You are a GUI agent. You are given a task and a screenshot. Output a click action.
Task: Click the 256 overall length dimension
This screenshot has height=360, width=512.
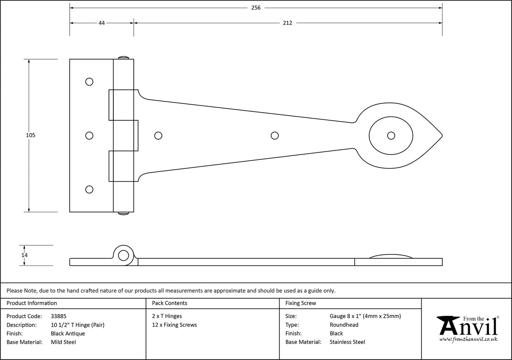256,8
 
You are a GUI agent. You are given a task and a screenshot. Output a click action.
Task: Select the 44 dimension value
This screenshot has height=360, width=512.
102,23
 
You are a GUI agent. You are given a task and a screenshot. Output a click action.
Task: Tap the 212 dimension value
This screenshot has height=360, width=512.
288,23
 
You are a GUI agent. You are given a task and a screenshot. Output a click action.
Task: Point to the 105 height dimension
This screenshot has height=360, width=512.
30,135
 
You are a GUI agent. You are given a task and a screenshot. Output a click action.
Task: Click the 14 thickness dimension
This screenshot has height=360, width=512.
24,255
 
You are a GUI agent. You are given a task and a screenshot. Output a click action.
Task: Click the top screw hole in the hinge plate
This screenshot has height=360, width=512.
89,81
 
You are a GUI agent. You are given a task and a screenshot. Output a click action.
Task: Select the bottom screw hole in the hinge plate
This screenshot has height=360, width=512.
89,189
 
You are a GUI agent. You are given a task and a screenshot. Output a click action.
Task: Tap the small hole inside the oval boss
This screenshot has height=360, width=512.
391,135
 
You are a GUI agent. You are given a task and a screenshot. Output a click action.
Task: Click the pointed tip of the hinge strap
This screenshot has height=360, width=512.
441,135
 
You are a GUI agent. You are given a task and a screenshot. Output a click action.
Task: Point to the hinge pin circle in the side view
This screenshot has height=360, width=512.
124,255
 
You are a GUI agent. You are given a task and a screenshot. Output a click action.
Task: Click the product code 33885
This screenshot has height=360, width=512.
58,316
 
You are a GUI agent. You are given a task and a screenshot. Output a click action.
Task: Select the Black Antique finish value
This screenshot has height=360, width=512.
67,333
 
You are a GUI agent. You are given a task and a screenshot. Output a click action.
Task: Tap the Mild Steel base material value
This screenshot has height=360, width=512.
63,342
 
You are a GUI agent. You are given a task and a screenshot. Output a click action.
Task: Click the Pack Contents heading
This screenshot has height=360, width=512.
170,303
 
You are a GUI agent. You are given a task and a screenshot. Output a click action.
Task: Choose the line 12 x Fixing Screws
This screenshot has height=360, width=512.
174,325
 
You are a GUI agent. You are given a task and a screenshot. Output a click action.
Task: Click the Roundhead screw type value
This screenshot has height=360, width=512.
344,325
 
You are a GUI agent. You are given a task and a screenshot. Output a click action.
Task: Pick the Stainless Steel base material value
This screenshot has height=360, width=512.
348,342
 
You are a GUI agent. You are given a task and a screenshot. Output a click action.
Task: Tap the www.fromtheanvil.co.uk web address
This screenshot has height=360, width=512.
468,339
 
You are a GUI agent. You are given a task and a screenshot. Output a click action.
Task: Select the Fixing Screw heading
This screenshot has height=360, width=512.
301,303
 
